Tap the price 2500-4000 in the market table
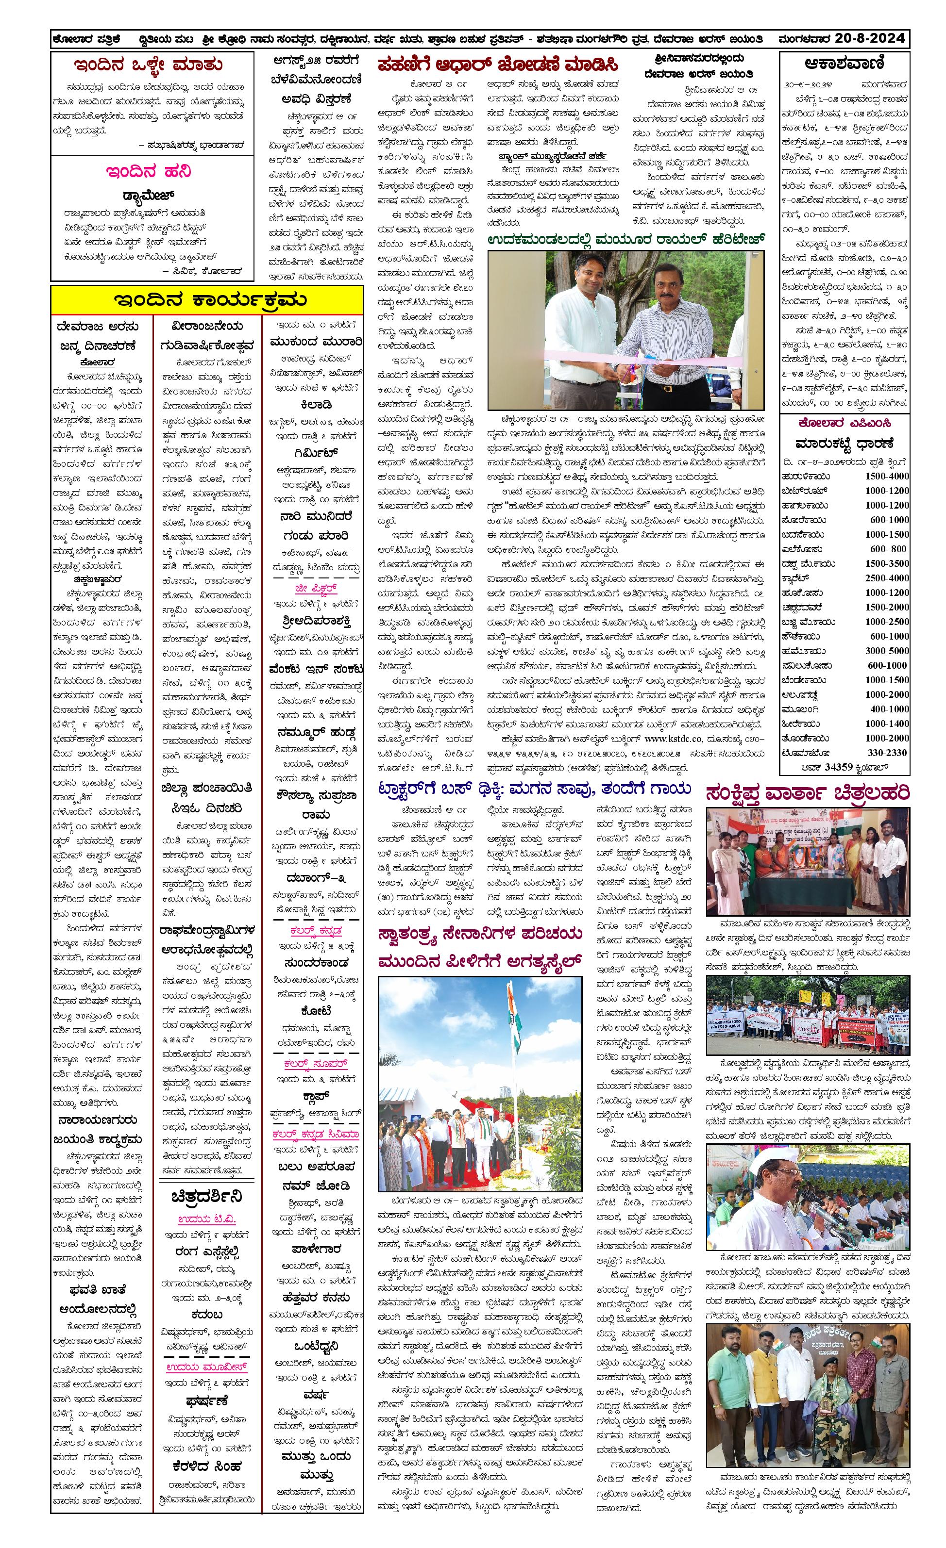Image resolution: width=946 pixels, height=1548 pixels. [886, 577]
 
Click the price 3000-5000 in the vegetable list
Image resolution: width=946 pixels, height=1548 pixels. [886, 650]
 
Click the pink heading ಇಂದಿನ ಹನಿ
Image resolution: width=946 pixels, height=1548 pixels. [148, 171]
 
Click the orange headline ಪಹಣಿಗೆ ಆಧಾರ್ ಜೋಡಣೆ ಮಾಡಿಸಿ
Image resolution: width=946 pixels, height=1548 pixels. [498, 65]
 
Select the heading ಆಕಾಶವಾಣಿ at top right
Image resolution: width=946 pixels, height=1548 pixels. [844, 64]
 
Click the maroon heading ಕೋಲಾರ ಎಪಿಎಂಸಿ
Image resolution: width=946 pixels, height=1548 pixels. [844, 423]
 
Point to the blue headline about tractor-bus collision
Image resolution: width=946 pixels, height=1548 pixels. [534, 789]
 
